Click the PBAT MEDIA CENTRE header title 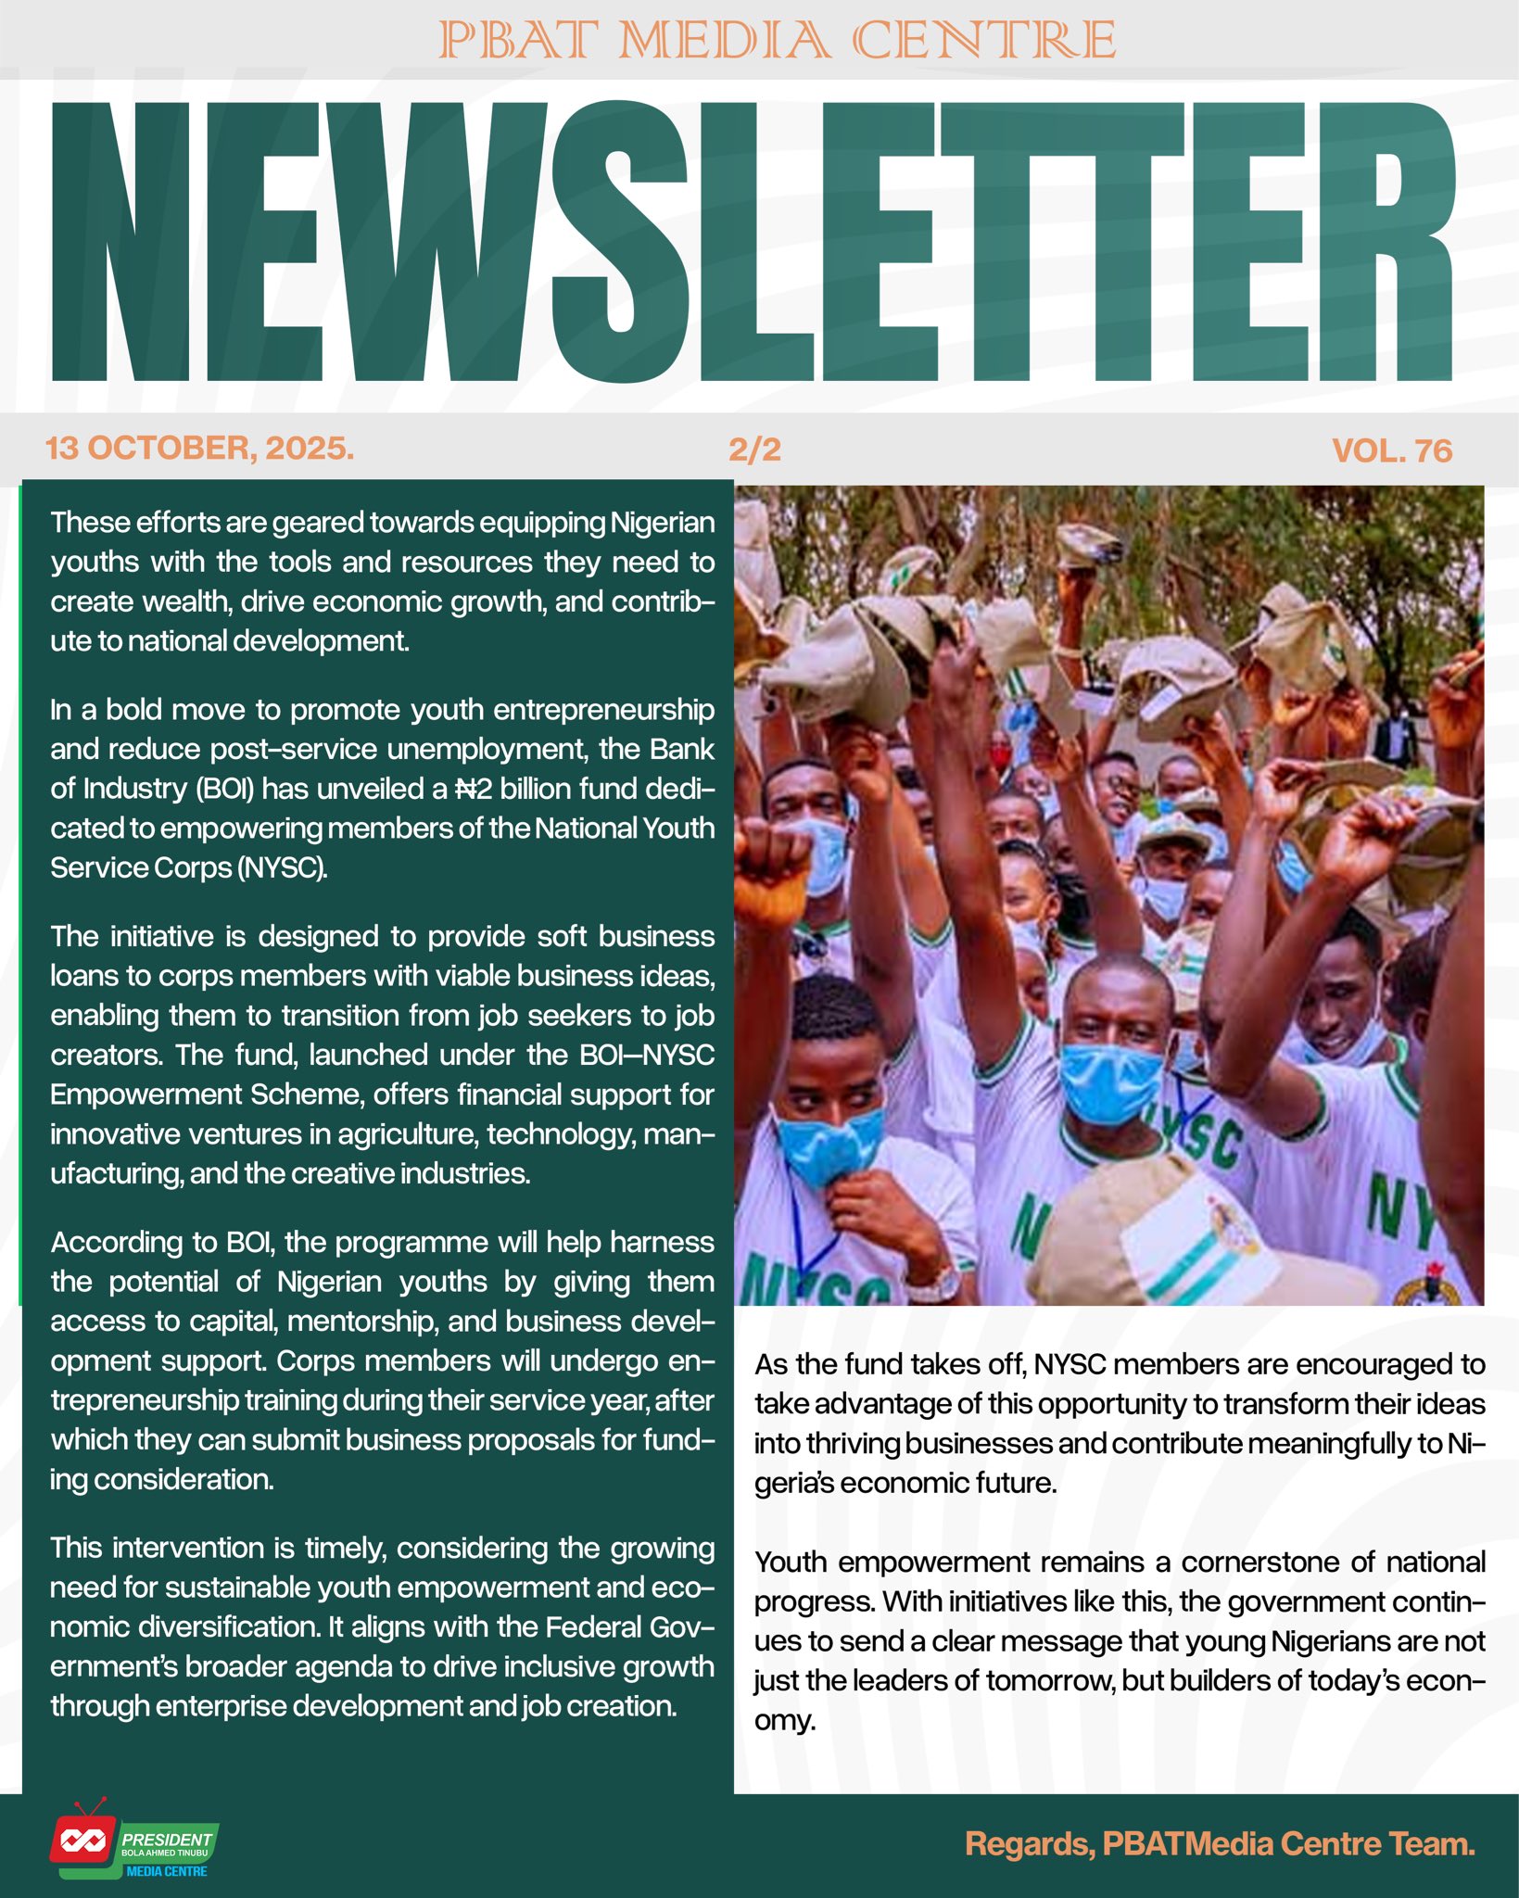pyautogui.click(x=777, y=41)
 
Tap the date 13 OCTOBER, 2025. pyautogui.click(x=199, y=449)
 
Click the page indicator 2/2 pyautogui.click(x=754, y=449)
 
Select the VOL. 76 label pyautogui.click(x=1391, y=450)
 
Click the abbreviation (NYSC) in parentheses pyautogui.click(x=282, y=867)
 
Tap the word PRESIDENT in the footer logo pyautogui.click(x=167, y=1839)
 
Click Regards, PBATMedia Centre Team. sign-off pyautogui.click(x=1219, y=1843)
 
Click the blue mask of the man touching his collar pyautogui.click(x=828, y=1147)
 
